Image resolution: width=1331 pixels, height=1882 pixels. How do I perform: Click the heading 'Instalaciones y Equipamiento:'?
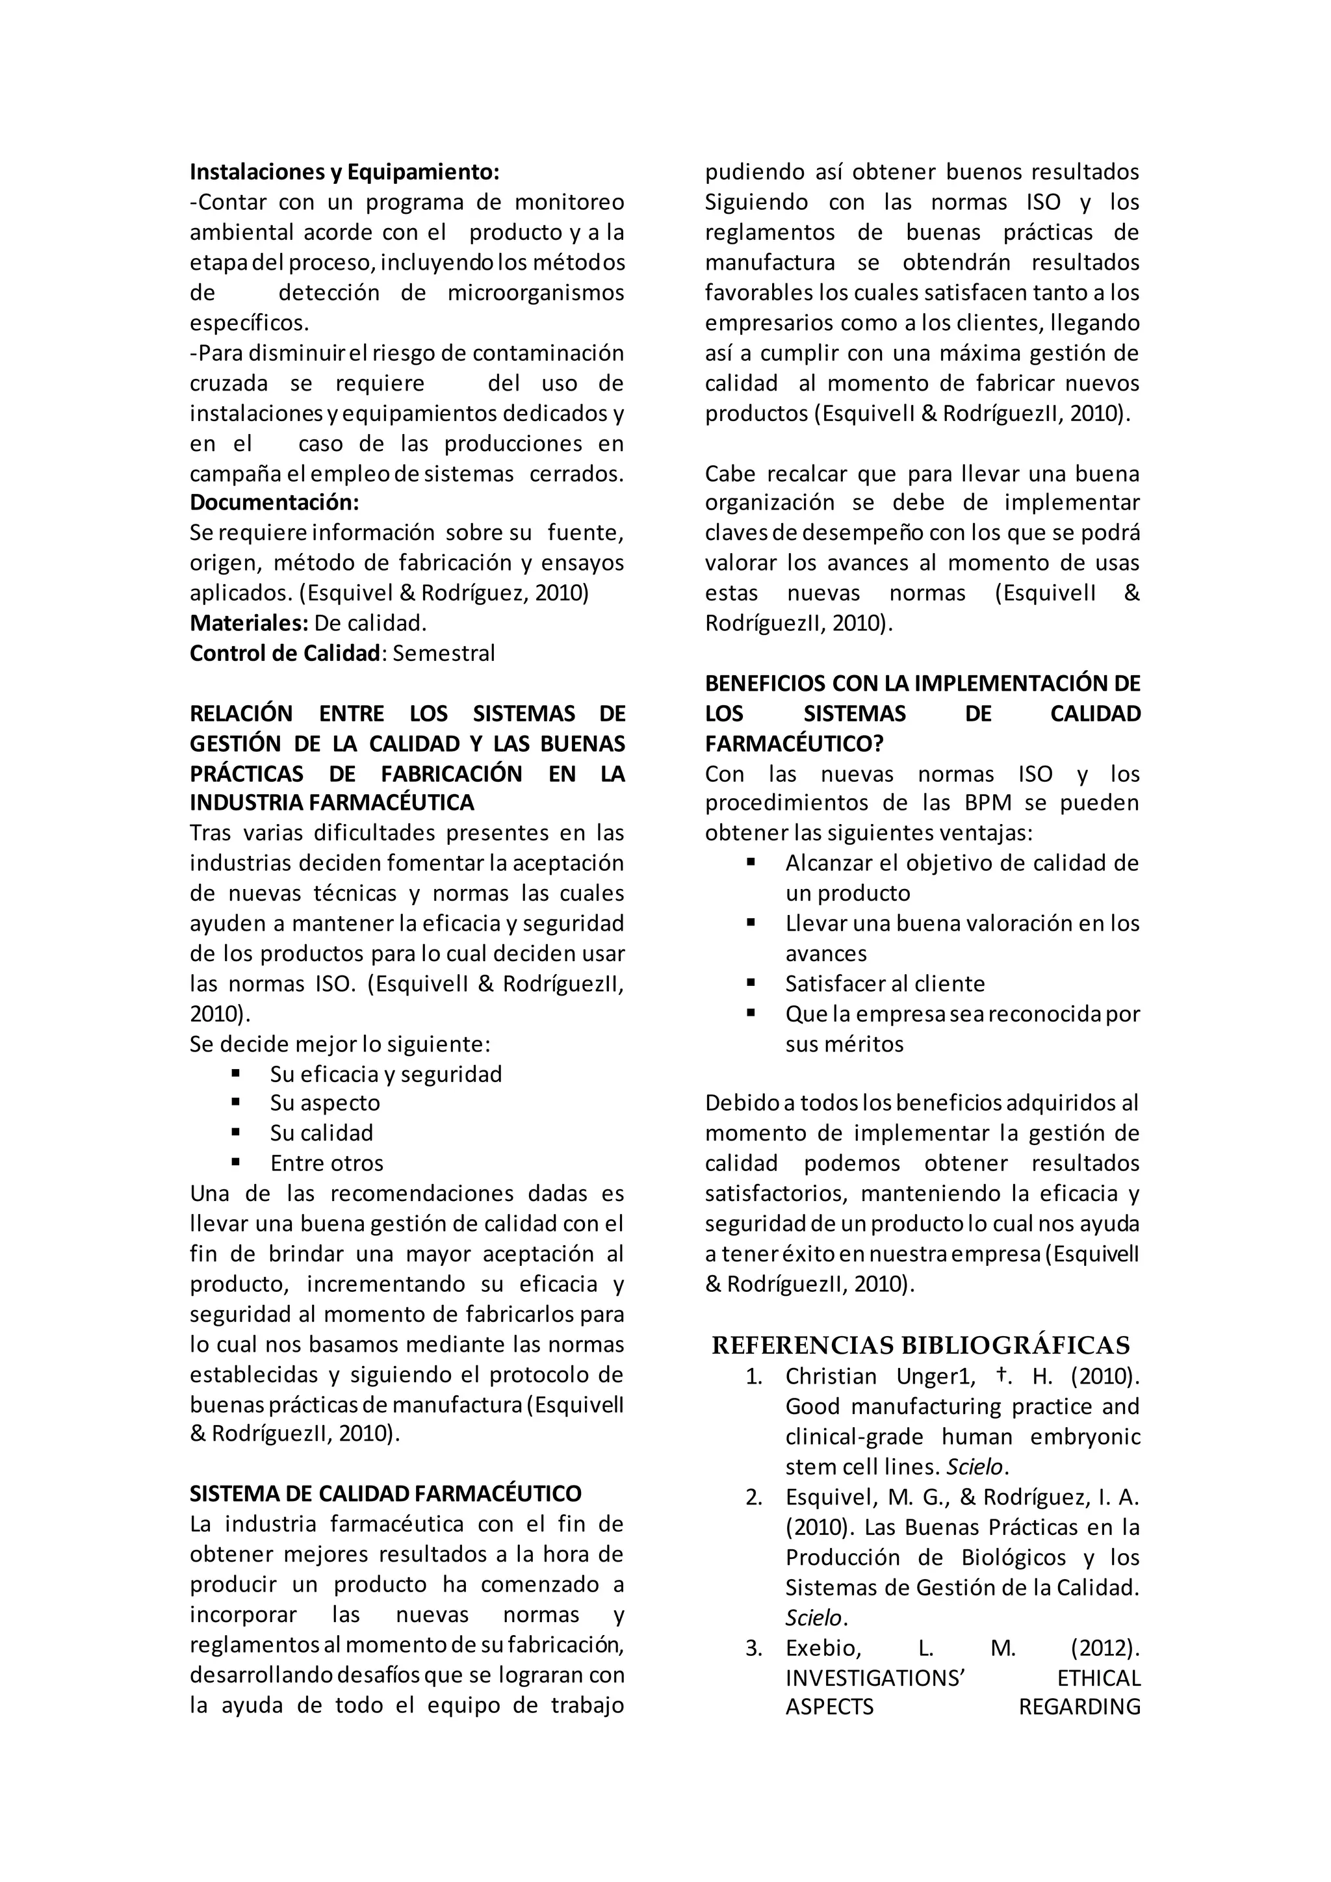pyautogui.click(x=344, y=172)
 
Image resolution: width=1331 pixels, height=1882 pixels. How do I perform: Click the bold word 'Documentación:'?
pyautogui.click(x=274, y=502)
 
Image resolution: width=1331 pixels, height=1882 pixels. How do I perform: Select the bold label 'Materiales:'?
pyautogui.click(x=248, y=623)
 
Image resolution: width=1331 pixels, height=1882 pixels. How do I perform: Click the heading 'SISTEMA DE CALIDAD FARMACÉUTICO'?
pyautogui.click(x=385, y=1493)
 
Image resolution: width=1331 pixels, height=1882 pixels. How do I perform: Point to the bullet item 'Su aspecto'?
pyautogui.click(x=324, y=1103)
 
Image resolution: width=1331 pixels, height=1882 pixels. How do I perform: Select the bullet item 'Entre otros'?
pyautogui.click(x=326, y=1163)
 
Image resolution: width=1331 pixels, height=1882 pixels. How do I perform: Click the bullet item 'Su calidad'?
pyautogui.click(x=321, y=1133)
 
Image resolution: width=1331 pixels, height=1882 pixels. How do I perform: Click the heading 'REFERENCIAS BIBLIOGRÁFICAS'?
pyautogui.click(x=920, y=1346)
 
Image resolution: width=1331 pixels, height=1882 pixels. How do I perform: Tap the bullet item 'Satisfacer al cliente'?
pyautogui.click(x=885, y=984)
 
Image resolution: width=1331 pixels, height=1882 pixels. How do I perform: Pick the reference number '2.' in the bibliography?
pyautogui.click(x=754, y=1497)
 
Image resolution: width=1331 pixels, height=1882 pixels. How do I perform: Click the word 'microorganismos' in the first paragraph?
pyautogui.click(x=535, y=292)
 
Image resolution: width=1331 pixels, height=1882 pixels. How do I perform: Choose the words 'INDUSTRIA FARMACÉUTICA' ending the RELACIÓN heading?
pyautogui.click(x=332, y=803)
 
